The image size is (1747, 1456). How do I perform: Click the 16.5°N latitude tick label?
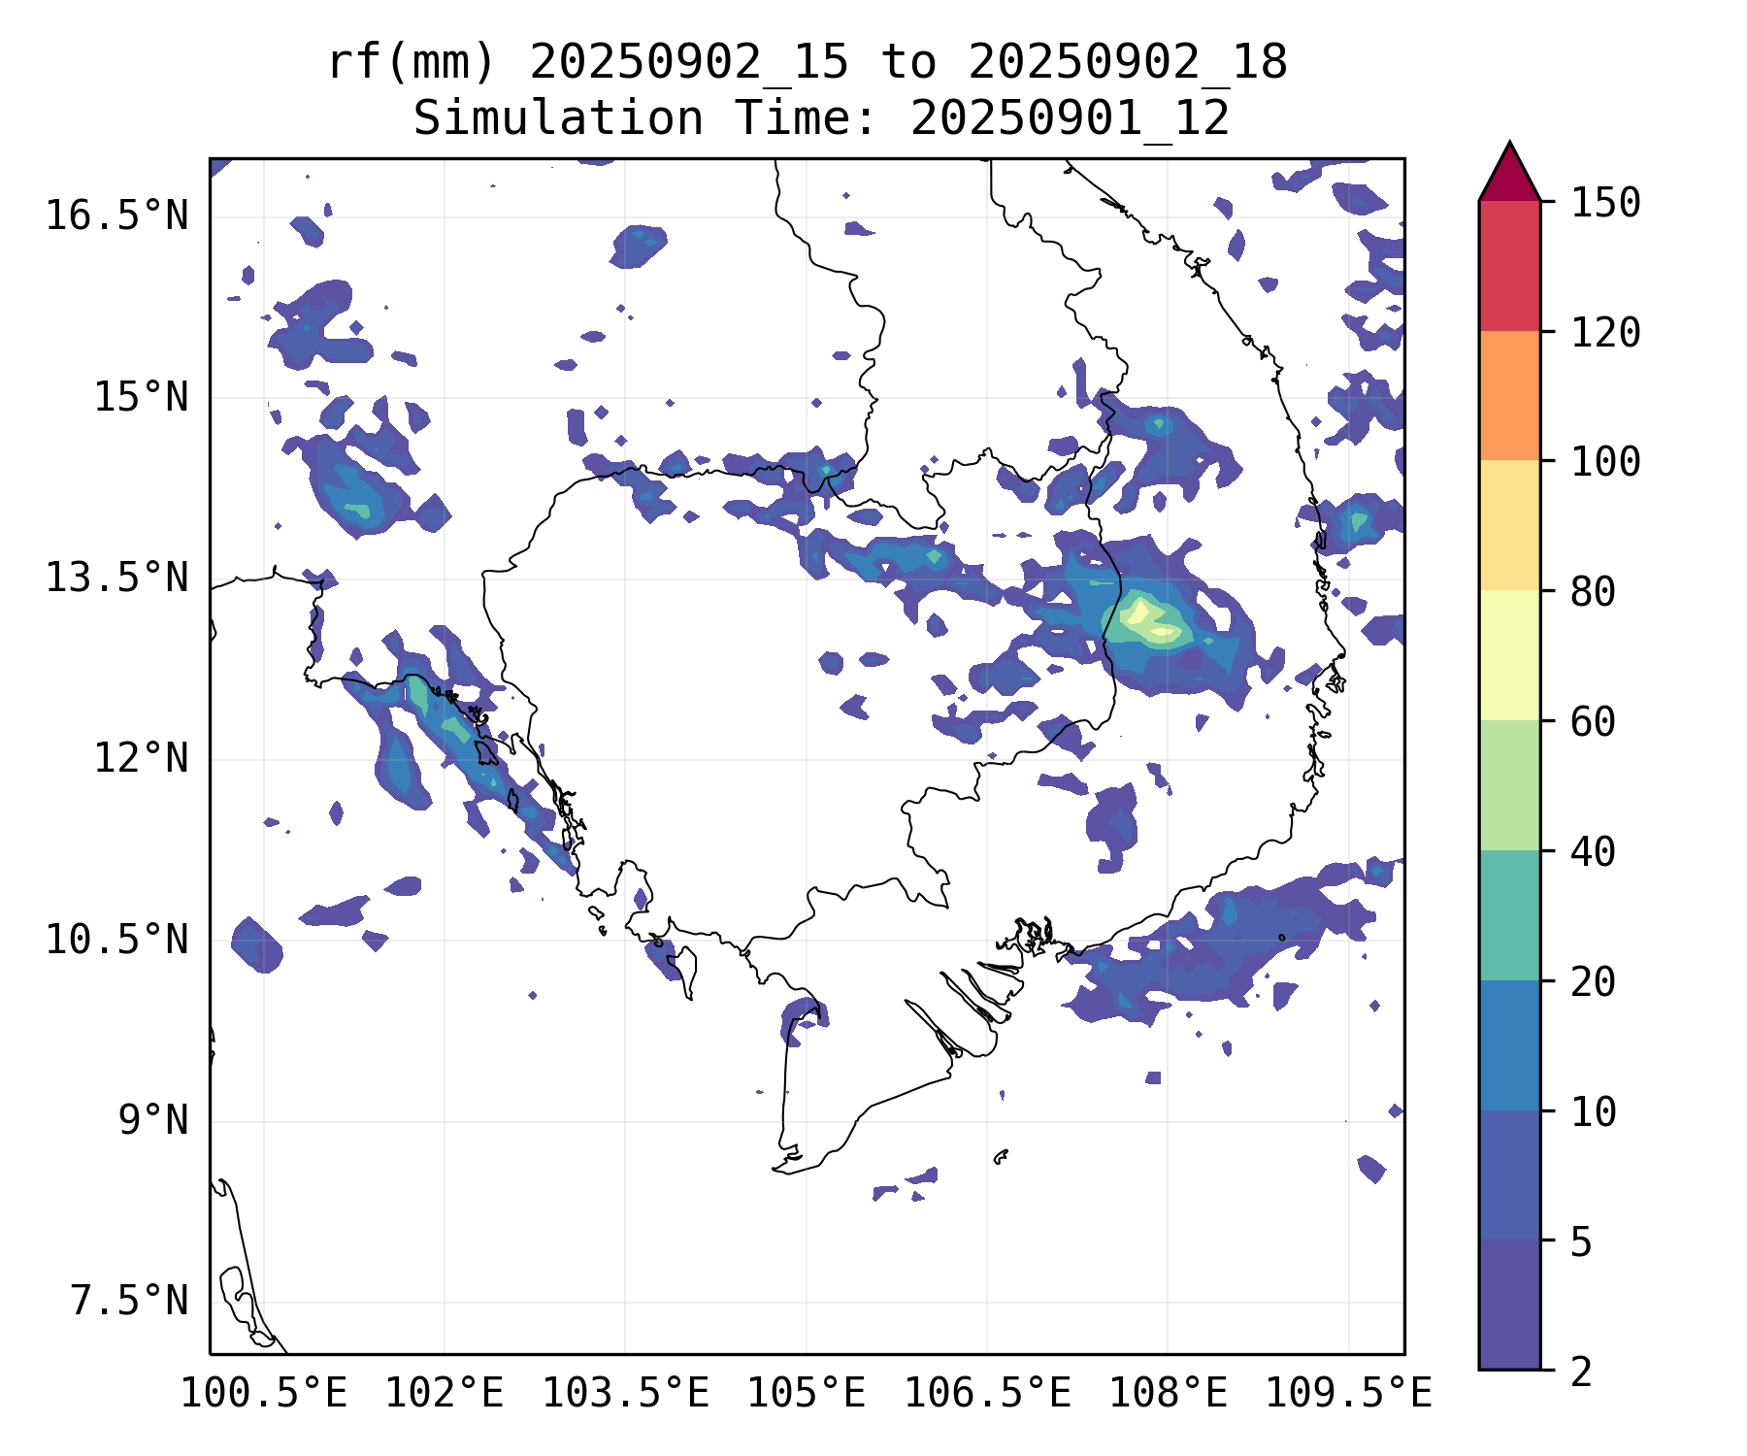click(x=116, y=216)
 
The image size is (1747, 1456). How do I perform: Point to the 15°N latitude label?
click(x=141, y=398)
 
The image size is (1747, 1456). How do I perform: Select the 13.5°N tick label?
click(x=116, y=579)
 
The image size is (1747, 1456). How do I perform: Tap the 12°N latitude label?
click(x=141, y=759)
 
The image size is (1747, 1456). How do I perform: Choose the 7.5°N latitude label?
click(x=129, y=1302)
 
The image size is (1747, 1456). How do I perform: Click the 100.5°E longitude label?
click(x=264, y=1395)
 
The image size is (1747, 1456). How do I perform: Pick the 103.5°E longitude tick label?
click(x=625, y=1395)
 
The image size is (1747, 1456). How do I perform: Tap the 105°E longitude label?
click(x=806, y=1395)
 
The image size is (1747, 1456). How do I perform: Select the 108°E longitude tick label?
click(x=1168, y=1395)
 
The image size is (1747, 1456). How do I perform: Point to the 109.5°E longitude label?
click(x=1348, y=1395)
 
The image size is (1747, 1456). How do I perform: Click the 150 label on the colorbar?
click(x=1606, y=203)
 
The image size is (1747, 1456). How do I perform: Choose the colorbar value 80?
click(x=1594, y=591)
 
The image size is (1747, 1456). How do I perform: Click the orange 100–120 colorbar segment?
click(x=1509, y=395)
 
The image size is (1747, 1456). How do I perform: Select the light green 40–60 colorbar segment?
click(x=1509, y=785)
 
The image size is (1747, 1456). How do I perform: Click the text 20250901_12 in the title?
click(x=1070, y=118)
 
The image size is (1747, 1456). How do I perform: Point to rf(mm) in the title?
click(x=412, y=63)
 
